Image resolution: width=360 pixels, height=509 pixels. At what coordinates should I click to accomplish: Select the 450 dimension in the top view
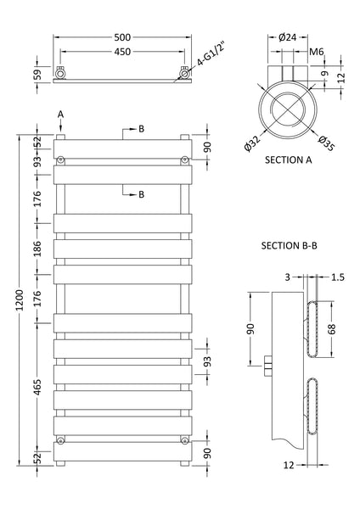coord(121,52)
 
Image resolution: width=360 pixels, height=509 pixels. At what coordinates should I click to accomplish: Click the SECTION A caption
coord(290,159)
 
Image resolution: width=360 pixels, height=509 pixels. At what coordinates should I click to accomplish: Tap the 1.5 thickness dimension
coord(338,277)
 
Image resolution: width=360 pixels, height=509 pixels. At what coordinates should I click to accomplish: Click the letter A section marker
coord(60,113)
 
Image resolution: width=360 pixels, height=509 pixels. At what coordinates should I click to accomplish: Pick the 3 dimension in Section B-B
coord(288,277)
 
